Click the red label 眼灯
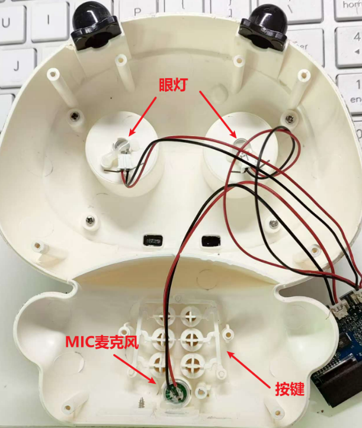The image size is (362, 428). pyautogui.click(x=173, y=85)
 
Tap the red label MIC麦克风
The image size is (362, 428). pyautogui.click(x=102, y=342)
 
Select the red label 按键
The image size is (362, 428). pyautogui.click(x=290, y=389)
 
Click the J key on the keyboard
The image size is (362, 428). pyautogui.click(x=17, y=66)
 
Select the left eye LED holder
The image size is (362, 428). pyautogui.click(x=120, y=153)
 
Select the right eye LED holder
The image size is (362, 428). pyautogui.click(x=243, y=156)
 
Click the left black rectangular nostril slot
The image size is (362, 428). pyautogui.click(x=153, y=240)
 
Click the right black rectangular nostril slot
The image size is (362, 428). pyautogui.click(x=211, y=241)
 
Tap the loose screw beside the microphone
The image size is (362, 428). pyautogui.click(x=142, y=402)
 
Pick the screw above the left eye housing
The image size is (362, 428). pyautogui.click(x=74, y=117)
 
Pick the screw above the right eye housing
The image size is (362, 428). pyautogui.click(x=289, y=119)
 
